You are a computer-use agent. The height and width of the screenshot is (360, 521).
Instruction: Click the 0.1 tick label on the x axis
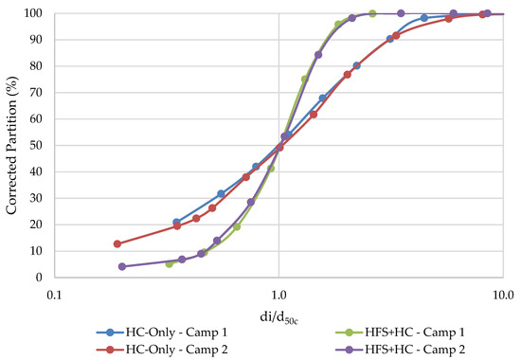pyautogui.click(x=54, y=293)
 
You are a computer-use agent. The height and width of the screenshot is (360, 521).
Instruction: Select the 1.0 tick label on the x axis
pyautogui.click(x=278, y=293)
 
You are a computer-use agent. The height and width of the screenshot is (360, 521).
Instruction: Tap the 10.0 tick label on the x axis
pyautogui.click(x=501, y=293)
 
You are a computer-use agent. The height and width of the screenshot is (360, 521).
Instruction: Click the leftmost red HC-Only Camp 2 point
pyautogui.click(x=117, y=243)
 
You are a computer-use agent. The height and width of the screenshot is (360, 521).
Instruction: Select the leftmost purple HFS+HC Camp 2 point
pyautogui.click(x=122, y=266)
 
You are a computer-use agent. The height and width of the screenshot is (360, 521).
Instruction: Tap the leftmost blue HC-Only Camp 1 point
pyautogui.click(x=176, y=222)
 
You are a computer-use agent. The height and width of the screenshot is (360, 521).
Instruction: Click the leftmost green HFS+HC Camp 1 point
pyautogui.click(x=170, y=263)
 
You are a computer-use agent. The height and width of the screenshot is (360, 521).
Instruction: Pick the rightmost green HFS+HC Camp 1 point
pyautogui.click(x=372, y=14)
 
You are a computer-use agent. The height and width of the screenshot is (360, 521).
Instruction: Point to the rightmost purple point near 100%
pyautogui.click(x=488, y=14)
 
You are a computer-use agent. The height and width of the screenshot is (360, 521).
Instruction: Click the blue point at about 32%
pyautogui.click(x=221, y=193)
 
